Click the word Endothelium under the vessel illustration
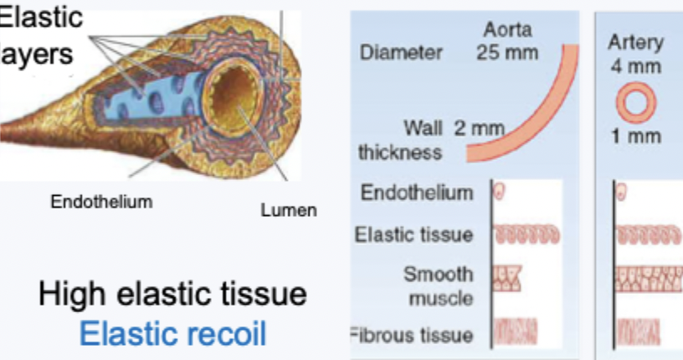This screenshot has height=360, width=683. click(102, 201)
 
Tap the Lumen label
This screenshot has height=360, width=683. click(289, 210)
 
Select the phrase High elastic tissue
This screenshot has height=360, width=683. click(172, 295)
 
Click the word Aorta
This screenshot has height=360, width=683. click(506, 32)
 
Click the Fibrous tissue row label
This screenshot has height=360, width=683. click(410, 336)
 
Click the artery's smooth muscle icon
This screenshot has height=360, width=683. click(644, 279)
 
